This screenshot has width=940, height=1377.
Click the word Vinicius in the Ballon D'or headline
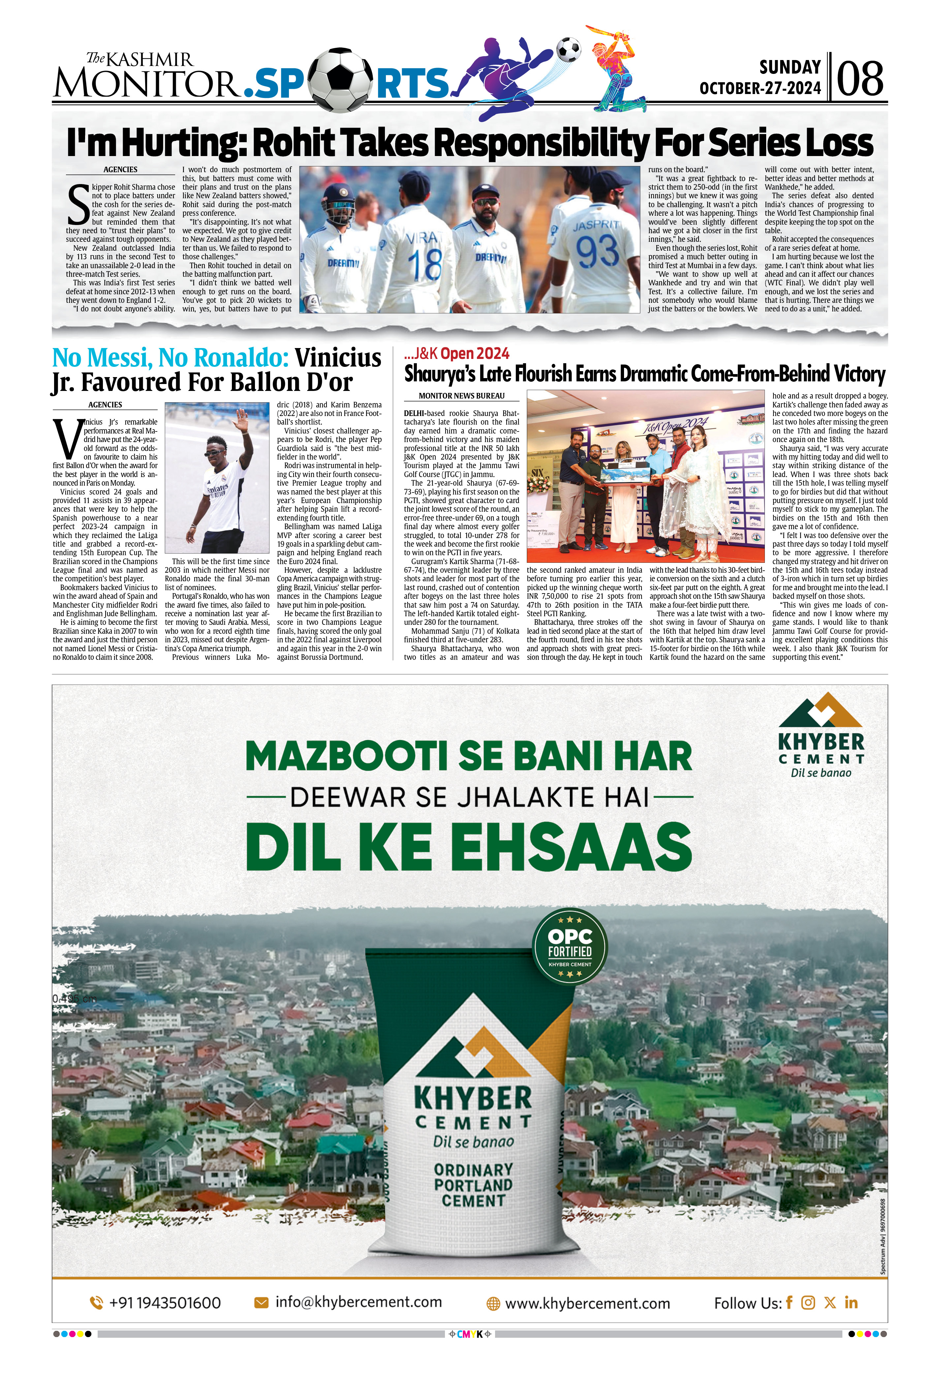[x=338, y=358]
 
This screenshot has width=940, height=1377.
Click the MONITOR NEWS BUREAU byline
[x=461, y=396]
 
